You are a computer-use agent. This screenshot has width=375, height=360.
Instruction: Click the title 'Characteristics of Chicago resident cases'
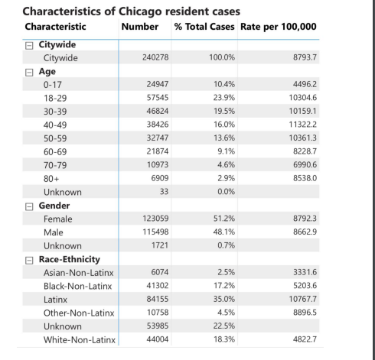(x=132, y=12)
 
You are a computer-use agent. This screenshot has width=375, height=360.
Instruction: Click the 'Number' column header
(x=140, y=27)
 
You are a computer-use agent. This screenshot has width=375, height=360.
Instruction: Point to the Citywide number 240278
(x=145, y=57)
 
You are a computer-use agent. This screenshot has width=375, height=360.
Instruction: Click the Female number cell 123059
(x=145, y=219)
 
